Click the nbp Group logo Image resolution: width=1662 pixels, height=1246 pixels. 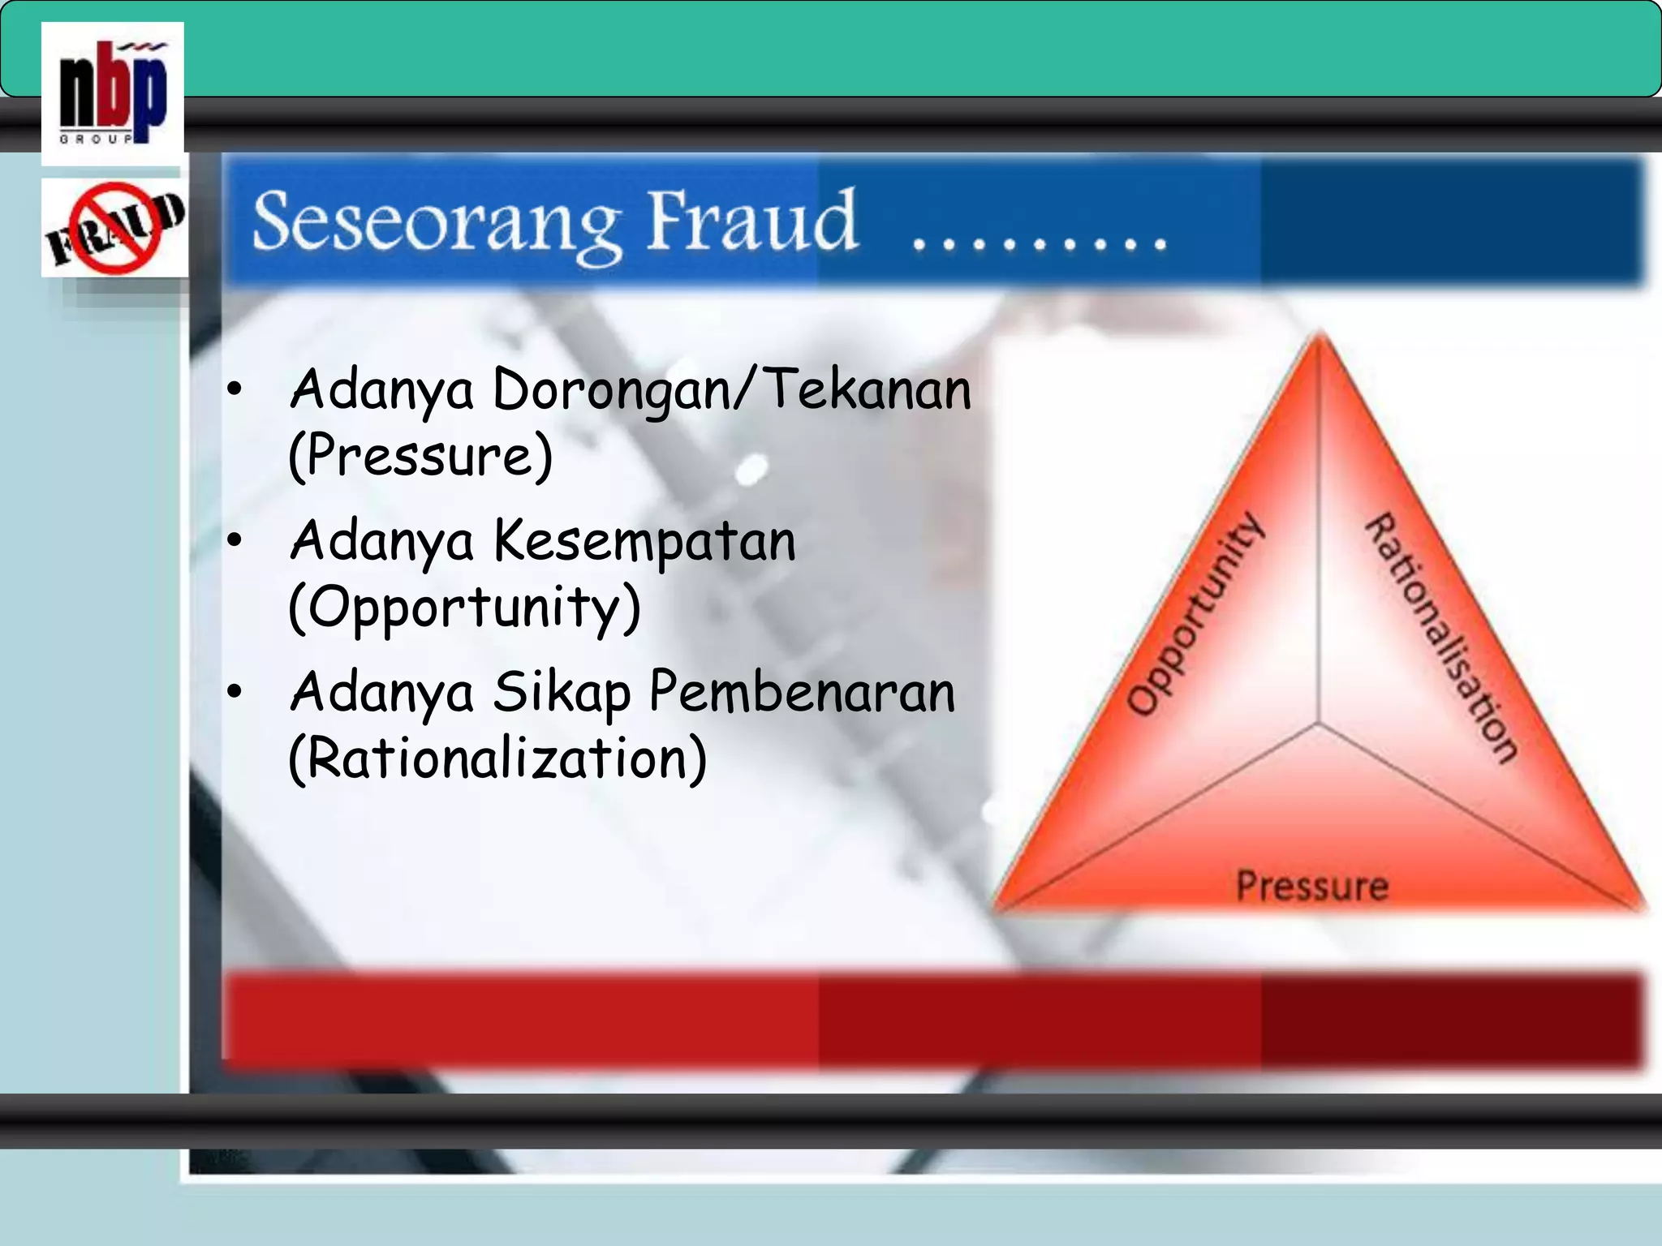click(x=113, y=93)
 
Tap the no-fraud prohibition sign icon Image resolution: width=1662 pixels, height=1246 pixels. click(x=114, y=228)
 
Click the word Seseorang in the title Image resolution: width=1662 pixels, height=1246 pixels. click(x=437, y=223)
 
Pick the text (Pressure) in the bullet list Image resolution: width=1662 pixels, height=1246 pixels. click(x=420, y=456)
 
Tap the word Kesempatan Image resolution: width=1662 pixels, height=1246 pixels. click(x=645, y=540)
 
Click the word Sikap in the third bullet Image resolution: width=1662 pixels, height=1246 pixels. click(x=562, y=693)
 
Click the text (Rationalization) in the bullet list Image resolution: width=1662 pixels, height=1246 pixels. click(x=497, y=759)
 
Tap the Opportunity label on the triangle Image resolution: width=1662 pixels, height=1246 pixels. click(x=1195, y=615)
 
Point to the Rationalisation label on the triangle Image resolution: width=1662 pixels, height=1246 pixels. click(x=1442, y=638)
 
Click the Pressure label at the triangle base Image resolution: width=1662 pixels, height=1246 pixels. click(x=1312, y=886)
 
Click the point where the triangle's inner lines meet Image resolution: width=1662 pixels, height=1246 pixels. click(x=1319, y=722)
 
